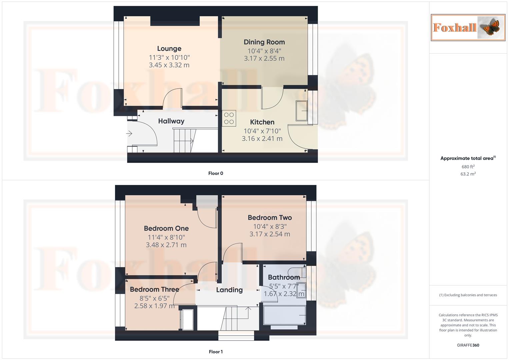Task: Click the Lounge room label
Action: (169, 49)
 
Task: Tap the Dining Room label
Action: (264, 42)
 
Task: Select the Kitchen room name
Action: (262, 122)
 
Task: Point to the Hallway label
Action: (171, 121)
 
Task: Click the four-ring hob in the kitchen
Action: (229, 118)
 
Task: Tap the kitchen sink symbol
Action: (302, 111)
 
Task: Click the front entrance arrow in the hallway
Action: (129, 134)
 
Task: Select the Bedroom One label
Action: (166, 228)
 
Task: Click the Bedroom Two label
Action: (270, 218)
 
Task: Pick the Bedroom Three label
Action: (154, 289)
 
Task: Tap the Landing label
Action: (229, 290)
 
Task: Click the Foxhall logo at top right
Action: (468, 27)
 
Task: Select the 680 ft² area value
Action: (468, 167)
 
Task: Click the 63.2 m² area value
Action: (468, 174)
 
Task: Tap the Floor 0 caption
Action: (216, 173)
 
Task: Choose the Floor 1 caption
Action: (216, 352)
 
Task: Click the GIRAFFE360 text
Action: (468, 345)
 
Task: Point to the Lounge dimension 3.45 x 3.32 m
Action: (169, 65)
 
